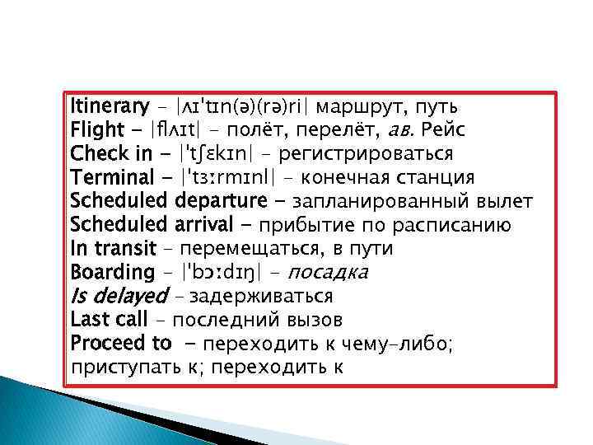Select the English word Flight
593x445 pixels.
pyautogui.click(x=96, y=130)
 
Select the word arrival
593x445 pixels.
pyautogui.click(x=206, y=225)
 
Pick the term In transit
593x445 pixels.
pyautogui.click(x=113, y=248)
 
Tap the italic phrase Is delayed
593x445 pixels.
pyautogui.click(x=119, y=296)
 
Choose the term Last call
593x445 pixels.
pyautogui.click(x=109, y=319)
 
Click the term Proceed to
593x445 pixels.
pyautogui.click(x=121, y=343)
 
